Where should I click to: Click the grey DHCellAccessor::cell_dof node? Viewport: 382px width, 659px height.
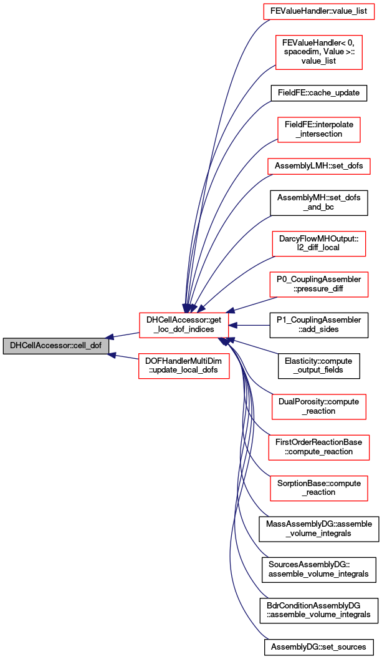[x=56, y=346]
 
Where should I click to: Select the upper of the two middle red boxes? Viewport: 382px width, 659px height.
[x=184, y=325]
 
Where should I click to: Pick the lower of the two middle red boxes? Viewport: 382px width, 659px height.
[x=184, y=366]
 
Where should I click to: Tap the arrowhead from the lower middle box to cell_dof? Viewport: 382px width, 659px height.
[x=112, y=354]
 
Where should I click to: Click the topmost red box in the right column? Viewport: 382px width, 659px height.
[x=318, y=11]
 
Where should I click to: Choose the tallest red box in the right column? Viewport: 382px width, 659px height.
[x=318, y=52]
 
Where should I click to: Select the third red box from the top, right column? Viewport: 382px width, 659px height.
[x=318, y=130]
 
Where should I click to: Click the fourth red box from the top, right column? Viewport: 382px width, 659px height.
[x=318, y=166]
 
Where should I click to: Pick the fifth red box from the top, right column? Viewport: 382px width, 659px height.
[x=318, y=243]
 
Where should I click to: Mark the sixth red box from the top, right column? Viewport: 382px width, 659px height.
[x=318, y=285]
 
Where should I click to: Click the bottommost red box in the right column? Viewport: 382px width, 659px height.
[x=318, y=488]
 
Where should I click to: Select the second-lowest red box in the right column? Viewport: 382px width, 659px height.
[x=318, y=447]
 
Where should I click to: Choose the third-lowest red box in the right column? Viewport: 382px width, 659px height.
[x=318, y=407]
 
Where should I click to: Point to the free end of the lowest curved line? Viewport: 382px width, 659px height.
[x=268, y=638]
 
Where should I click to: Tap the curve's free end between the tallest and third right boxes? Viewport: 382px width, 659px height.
[x=270, y=101]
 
